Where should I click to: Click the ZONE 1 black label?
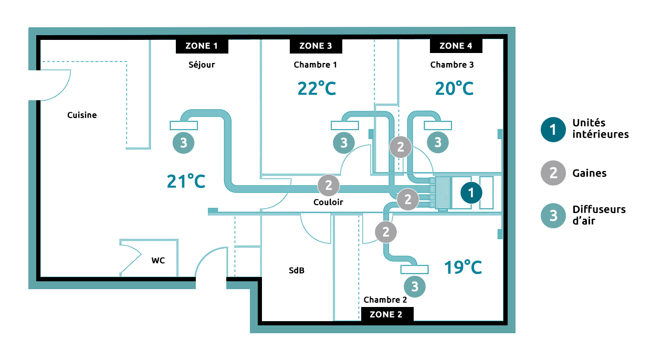point(202,46)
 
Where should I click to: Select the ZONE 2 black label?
point(387,314)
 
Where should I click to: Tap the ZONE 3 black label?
point(316,46)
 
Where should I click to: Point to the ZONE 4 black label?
point(456,46)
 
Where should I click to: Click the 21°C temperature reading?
point(186,181)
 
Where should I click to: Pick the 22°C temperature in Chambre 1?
point(316,88)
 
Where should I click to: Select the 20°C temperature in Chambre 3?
point(454,88)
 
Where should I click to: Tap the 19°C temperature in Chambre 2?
point(463,267)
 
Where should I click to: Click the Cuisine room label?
point(82,115)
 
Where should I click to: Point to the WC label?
point(158,260)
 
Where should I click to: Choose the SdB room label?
point(296,271)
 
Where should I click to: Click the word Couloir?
point(328,202)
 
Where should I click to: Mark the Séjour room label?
point(202,65)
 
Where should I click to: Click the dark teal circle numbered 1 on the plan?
point(471,193)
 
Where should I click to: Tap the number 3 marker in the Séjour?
point(183,143)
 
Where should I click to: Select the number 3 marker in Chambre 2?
point(415,287)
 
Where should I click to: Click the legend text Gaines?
point(589,173)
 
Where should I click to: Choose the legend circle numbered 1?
point(552,129)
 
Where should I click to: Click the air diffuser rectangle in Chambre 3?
point(438,125)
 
